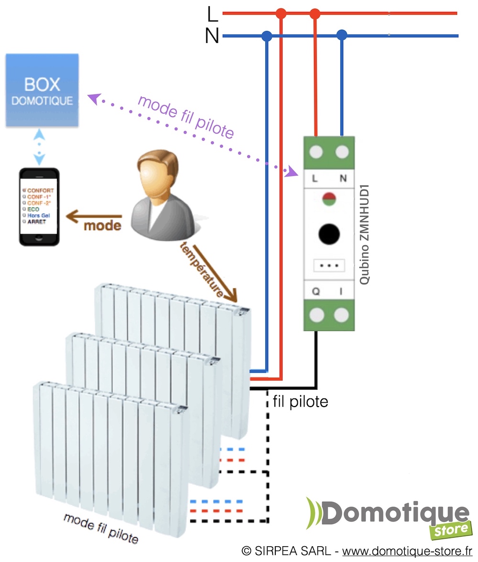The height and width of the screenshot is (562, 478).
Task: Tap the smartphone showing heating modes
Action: click(x=39, y=207)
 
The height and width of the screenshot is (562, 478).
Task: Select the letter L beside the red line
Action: click(x=213, y=14)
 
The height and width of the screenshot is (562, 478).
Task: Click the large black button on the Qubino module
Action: click(x=329, y=234)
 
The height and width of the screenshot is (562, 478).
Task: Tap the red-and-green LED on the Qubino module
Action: click(x=329, y=200)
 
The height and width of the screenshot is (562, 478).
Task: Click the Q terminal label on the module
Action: click(x=316, y=292)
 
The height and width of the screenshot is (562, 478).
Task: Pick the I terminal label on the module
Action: click(x=341, y=292)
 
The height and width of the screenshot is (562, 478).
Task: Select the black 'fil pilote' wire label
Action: click(x=300, y=401)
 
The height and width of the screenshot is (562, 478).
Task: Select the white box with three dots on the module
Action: click(x=329, y=265)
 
